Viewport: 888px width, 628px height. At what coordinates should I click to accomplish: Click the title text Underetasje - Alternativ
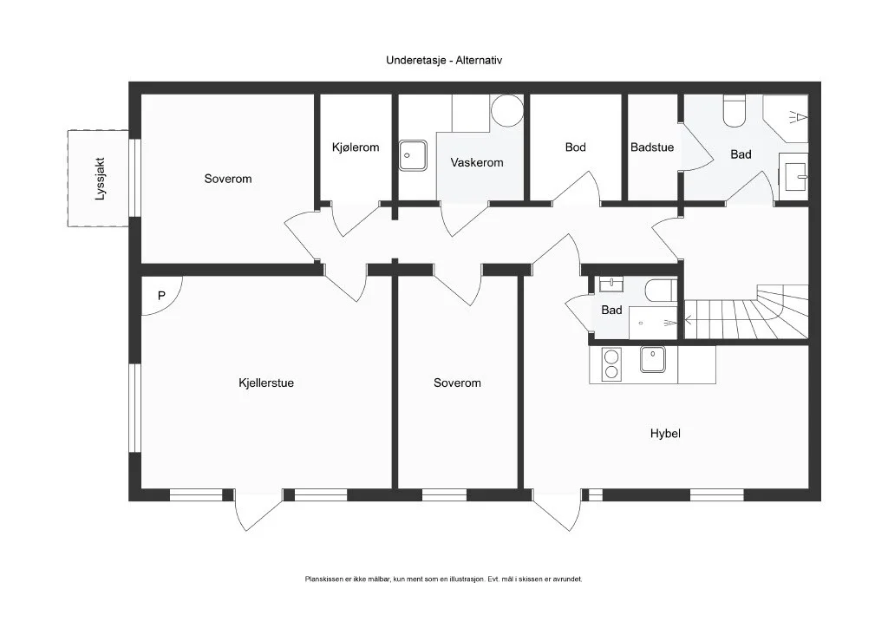(x=444, y=60)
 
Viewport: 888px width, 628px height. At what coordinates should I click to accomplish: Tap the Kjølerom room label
(x=356, y=147)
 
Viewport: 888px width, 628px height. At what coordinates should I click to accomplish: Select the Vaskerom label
(x=477, y=162)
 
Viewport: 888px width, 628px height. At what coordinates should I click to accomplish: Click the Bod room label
(x=576, y=147)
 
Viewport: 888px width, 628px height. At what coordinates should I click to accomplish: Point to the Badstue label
(x=652, y=147)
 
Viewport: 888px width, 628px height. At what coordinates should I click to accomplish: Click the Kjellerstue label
(x=266, y=383)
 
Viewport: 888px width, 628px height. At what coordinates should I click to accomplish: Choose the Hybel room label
(x=665, y=434)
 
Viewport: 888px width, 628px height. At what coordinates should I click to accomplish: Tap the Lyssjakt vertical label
(x=101, y=179)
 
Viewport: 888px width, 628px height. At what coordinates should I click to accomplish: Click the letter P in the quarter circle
(x=161, y=296)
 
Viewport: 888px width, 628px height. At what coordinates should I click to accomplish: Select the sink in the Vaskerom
(x=413, y=156)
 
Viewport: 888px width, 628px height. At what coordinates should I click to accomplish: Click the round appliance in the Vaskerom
(x=506, y=110)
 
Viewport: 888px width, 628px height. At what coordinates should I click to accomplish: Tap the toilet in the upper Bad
(x=734, y=111)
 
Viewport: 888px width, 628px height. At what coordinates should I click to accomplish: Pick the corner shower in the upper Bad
(x=786, y=118)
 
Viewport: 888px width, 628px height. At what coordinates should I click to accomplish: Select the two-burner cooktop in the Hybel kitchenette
(x=611, y=364)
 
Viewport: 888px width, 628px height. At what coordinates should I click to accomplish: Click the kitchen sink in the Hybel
(x=653, y=360)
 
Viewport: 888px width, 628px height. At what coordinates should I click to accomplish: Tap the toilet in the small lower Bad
(x=661, y=291)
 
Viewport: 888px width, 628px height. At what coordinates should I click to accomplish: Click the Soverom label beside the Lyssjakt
(x=228, y=179)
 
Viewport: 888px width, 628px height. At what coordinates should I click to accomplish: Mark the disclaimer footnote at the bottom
(x=443, y=579)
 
